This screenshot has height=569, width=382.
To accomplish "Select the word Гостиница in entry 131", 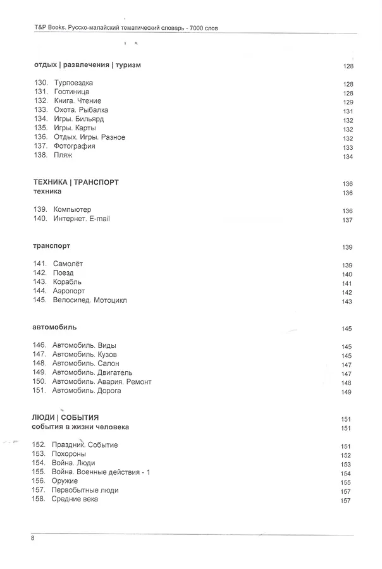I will tap(72, 92).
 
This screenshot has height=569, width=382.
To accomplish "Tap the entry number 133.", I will tap(40, 110).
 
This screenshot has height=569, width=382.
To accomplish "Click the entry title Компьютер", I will tap(73, 209).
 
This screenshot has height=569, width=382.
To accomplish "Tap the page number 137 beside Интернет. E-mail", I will tap(347, 220).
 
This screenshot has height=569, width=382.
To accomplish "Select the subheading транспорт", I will tap(51, 245).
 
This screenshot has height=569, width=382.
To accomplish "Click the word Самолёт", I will tap(68, 264).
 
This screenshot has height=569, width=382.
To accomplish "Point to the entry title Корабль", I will tap(68, 282).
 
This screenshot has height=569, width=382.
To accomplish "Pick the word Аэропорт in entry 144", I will tap(70, 291).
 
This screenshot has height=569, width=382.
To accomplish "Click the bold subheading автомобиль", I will tap(54, 327).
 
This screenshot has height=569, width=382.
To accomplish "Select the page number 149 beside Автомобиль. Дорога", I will tap(346, 392).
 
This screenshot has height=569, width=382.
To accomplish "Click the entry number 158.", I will tap(40, 499).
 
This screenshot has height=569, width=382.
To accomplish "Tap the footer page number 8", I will tap(32, 538).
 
